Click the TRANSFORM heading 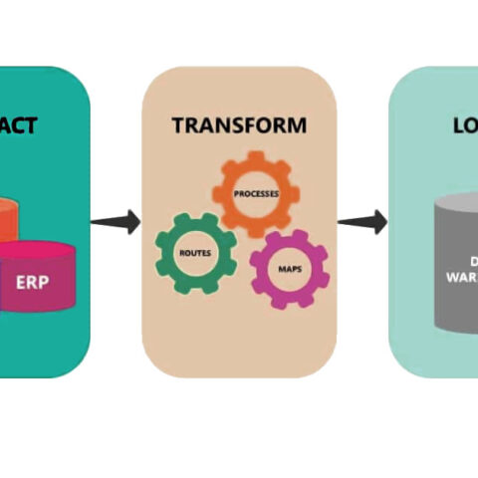pos(239,125)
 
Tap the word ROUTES pos(193,253)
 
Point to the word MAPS pos(289,266)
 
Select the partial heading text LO pos(464,125)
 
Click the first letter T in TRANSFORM pos(177,125)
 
